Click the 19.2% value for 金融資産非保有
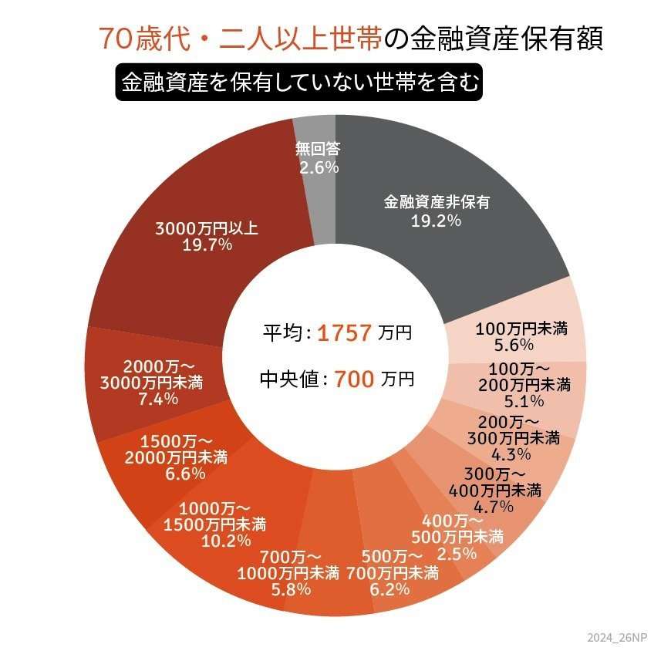point(437,221)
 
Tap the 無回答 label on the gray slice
point(318,149)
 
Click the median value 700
point(354,379)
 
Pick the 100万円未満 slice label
point(521,329)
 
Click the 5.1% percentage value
point(525,400)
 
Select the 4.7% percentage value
point(494,506)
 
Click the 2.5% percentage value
point(456,553)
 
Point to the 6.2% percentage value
point(392,589)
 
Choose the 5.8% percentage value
point(292,589)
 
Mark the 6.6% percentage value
point(185,474)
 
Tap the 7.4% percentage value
point(159,399)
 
